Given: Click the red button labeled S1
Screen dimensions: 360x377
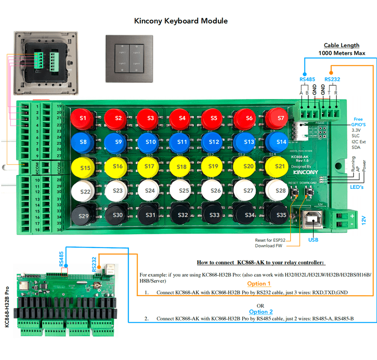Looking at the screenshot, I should (82, 118).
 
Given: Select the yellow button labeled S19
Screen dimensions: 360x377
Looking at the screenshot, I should (213, 166).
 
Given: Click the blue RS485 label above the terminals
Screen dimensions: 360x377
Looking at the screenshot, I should (307, 79).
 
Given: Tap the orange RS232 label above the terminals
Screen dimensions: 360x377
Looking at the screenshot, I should (332, 79).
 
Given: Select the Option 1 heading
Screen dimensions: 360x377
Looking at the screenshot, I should (259, 283).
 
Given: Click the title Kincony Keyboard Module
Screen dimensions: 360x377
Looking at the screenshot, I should (181, 21).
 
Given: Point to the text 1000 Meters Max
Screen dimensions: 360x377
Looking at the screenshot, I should (341, 53).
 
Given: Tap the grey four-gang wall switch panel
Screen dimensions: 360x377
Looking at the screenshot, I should (129, 58).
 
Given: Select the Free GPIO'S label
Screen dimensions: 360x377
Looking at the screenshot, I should (358, 122).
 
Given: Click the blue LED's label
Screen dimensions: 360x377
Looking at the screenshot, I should (357, 187).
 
